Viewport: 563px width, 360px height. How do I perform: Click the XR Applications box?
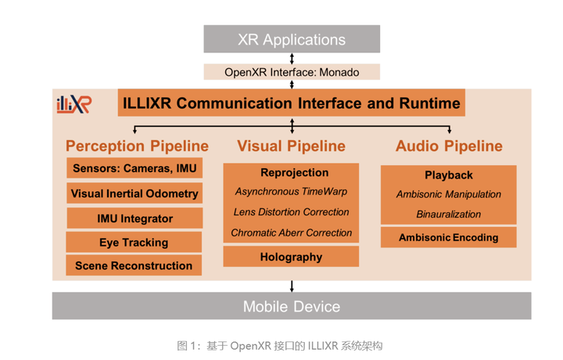tap(292, 39)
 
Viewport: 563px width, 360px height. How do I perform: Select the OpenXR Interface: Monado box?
tap(292, 72)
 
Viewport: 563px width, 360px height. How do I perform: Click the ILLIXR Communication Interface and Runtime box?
tap(290, 103)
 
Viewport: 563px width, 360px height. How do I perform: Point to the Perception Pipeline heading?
tap(137, 146)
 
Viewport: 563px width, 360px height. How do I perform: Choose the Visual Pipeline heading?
tap(291, 146)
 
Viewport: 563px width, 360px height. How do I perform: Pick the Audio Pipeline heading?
tap(449, 146)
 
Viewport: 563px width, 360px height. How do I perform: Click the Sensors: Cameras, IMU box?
tap(134, 168)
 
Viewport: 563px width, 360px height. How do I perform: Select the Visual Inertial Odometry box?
tap(134, 193)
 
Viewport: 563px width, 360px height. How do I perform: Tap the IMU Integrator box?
tap(134, 218)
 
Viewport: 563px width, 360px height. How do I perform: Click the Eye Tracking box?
tap(134, 242)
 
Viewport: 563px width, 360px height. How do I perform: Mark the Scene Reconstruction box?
tap(134, 265)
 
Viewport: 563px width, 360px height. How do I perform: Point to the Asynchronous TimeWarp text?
tap(291, 192)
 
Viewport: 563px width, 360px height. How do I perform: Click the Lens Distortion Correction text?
tap(291, 212)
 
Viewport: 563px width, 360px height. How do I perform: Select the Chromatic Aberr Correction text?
tap(291, 232)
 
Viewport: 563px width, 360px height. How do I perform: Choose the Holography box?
tap(291, 257)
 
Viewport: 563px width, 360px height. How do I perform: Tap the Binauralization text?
tap(449, 214)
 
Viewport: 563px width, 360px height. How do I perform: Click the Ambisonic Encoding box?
tap(449, 237)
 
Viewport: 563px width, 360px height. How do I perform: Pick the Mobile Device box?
tap(292, 306)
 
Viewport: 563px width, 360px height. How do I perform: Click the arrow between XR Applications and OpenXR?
tap(292, 59)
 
